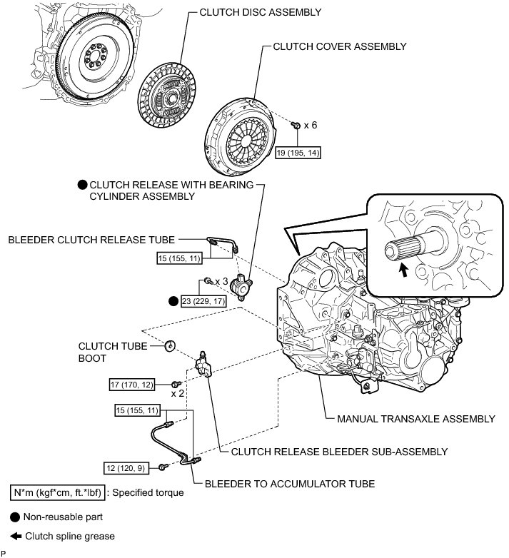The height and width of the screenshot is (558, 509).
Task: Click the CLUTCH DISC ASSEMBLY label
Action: [250, 13]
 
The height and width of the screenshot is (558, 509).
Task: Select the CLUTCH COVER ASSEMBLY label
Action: [340, 46]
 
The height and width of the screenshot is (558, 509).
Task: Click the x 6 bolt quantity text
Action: [310, 125]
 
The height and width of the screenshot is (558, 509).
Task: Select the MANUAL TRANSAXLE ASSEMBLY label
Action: [415, 418]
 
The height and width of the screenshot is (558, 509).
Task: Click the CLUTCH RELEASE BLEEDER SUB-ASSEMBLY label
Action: [334, 452]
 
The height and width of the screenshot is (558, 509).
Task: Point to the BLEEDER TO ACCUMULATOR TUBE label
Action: [290, 483]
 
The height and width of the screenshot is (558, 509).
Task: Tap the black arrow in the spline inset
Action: [404, 270]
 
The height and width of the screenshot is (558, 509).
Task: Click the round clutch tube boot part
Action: [170, 345]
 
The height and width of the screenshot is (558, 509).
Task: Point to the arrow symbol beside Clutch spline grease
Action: [15, 536]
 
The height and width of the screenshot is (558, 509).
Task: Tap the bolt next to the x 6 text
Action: [294, 126]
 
